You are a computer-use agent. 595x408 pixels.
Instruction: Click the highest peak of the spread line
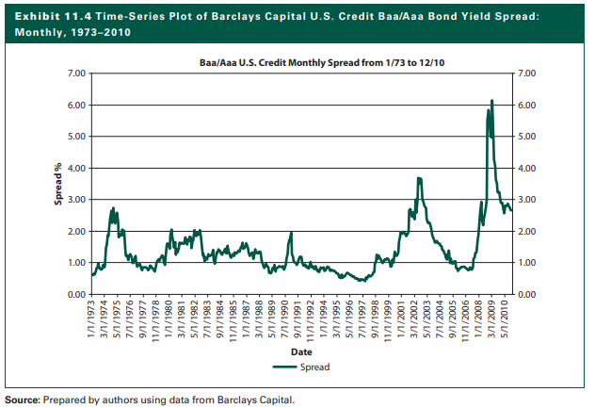click(491, 101)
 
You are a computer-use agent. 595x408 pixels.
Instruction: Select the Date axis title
click(301, 351)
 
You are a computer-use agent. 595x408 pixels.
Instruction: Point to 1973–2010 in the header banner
click(100, 32)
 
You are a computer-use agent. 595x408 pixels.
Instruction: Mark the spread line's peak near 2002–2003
click(418, 178)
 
